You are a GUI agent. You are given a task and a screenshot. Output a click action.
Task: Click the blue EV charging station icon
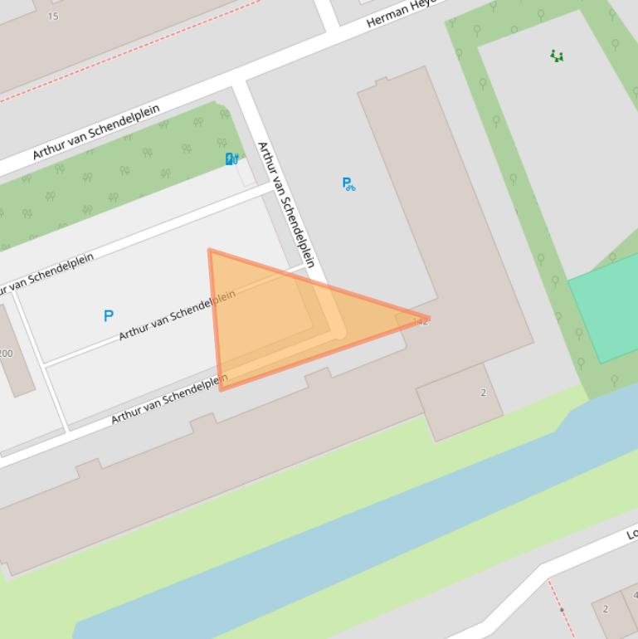click(x=232, y=159)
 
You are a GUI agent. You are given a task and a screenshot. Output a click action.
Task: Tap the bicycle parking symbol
click(x=348, y=183)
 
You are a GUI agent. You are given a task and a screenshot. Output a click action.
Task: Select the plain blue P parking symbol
click(x=109, y=315)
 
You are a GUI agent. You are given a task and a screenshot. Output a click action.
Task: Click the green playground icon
click(x=557, y=56)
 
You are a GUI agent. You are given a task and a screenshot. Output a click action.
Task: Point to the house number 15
click(x=53, y=16)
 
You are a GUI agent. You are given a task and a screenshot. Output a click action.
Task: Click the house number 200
click(x=6, y=354)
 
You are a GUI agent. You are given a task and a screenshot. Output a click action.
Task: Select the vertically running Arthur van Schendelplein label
click(x=286, y=204)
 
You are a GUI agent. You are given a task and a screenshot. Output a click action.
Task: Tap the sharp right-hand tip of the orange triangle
click(x=428, y=319)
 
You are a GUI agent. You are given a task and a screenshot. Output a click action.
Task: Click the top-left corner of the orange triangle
click(x=210, y=250)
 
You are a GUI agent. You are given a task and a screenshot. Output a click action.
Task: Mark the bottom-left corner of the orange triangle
click(x=221, y=388)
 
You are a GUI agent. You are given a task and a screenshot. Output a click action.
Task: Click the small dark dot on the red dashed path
click(x=562, y=610)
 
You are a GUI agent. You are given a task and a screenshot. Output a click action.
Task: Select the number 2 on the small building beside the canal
click(x=483, y=393)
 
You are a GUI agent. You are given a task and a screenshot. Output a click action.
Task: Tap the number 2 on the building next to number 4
click(x=606, y=609)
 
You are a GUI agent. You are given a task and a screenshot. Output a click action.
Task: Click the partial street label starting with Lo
click(x=631, y=534)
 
